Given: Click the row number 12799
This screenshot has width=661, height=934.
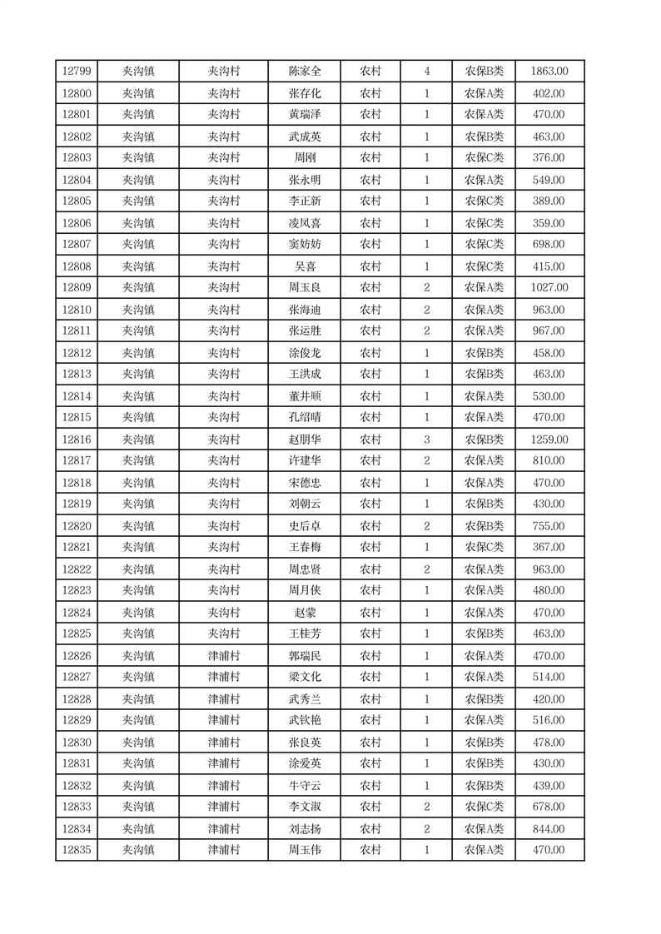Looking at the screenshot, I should click(x=77, y=72).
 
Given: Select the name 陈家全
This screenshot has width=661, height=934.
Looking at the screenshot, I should click(x=305, y=72).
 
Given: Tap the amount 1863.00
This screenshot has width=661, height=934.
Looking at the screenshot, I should click(x=549, y=72).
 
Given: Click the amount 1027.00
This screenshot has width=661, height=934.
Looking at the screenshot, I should click(x=549, y=287).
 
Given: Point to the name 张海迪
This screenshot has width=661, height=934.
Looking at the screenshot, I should click(x=305, y=310).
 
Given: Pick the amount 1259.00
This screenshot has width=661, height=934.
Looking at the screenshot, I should click(x=549, y=440).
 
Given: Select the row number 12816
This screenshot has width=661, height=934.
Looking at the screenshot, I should click(x=77, y=440).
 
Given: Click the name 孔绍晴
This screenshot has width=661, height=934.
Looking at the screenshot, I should click(x=305, y=417).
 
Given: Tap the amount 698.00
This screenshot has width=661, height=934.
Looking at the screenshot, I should click(x=549, y=244).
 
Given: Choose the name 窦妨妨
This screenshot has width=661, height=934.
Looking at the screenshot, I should click(x=305, y=244).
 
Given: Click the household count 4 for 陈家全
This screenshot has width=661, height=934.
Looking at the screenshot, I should click(x=427, y=72).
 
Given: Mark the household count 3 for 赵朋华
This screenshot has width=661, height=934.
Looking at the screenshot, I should click(x=427, y=440).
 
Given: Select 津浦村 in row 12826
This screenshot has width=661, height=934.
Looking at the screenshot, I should click(x=224, y=656).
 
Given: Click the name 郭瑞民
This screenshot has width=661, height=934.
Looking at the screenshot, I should click(x=305, y=656).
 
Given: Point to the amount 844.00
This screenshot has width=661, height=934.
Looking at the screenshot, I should click(x=549, y=828).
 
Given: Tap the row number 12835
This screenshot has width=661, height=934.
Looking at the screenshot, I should click(x=77, y=850).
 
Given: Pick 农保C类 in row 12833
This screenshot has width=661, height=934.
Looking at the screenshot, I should click(x=484, y=807).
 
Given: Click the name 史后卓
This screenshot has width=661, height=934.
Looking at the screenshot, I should click(x=305, y=526).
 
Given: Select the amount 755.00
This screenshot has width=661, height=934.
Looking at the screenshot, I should click(x=549, y=526).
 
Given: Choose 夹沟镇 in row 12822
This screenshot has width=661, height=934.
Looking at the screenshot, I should click(x=138, y=569).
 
